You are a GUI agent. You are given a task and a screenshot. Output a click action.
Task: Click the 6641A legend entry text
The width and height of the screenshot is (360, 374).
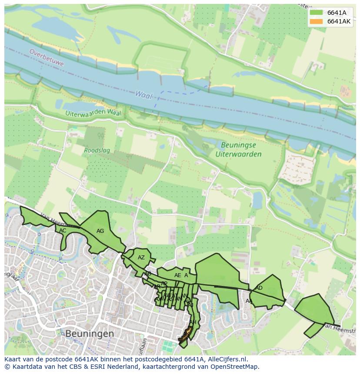337,13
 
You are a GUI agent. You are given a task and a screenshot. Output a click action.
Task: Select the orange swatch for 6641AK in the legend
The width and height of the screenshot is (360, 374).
316,21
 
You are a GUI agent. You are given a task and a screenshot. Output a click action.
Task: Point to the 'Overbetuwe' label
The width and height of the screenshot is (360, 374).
47,57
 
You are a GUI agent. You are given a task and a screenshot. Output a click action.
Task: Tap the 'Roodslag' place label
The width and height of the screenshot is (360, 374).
97,151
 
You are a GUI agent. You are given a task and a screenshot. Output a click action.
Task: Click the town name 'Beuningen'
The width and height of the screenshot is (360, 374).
90,334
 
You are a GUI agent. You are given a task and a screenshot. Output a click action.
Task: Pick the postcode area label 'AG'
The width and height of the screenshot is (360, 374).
100,231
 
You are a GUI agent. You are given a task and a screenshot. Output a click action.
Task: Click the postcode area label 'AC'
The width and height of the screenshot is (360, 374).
63,231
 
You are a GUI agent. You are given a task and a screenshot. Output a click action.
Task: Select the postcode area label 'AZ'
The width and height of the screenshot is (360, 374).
141,258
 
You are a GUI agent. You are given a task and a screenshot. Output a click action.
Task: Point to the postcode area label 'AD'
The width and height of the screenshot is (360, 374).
259,288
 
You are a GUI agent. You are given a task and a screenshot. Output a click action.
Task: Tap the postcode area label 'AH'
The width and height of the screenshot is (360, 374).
193,322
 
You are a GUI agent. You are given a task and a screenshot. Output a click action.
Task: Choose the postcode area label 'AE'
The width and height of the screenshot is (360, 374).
177,275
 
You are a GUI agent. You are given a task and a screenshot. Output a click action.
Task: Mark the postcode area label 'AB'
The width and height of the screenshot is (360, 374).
148,274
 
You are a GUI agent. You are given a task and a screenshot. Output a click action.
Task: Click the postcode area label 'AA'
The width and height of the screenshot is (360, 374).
249,301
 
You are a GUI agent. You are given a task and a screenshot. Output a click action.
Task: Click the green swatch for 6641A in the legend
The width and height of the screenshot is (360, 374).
316,13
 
